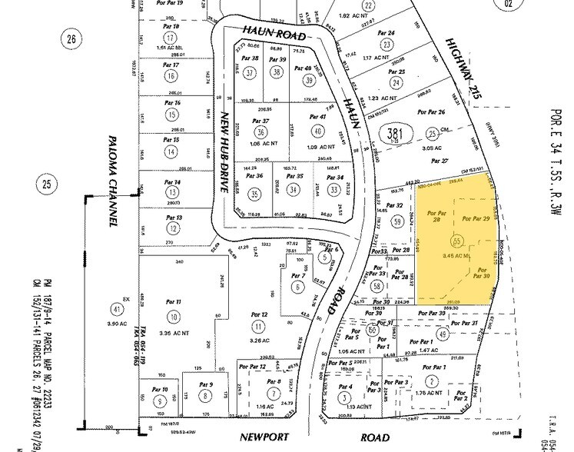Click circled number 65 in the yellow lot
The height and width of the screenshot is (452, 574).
[458, 241]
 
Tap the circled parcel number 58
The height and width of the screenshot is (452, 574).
[377, 285]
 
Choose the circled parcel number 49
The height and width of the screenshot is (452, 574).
[443, 334]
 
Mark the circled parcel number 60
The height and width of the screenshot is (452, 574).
[373, 330]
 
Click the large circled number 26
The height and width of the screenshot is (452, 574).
[73, 39]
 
